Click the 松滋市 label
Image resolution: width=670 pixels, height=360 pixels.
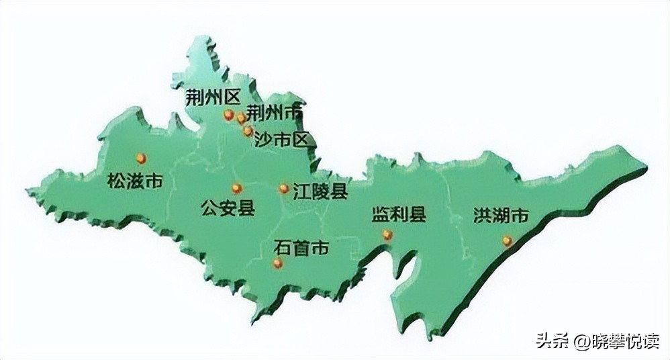click(x=134, y=181)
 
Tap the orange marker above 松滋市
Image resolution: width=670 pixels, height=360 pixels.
click(x=141, y=159)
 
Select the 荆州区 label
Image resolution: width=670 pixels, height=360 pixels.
click(x=213, y=97)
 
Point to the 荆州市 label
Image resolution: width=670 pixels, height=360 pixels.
click(x=274, y=112)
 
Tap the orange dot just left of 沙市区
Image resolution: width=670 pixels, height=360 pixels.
click(x=248, y=132)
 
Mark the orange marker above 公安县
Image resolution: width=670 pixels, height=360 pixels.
click(x=236, y=189)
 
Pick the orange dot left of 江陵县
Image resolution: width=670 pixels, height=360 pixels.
click(x=284, y=189)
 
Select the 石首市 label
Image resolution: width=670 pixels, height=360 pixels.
click(x=301, y=248)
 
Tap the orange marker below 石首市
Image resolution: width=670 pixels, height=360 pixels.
click(x=278, y=263)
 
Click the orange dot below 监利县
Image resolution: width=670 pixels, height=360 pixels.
click(x=387, y=234)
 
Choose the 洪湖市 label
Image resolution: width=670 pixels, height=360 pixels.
click(x=501, y=216)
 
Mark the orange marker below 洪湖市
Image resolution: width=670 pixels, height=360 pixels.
click(x=508, y=240)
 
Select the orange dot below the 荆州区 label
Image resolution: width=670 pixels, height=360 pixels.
click(x=229, y=115)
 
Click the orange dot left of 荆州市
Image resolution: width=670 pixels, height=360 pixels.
click(x=241, y=119)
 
